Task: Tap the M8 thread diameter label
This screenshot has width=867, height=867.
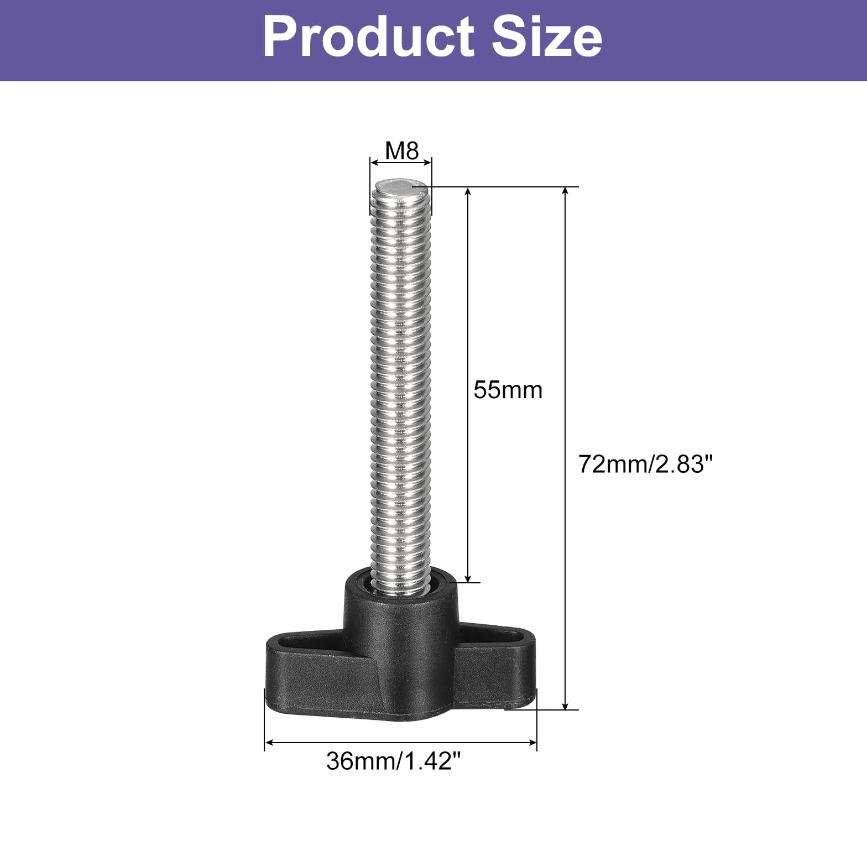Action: [x=402, y=150]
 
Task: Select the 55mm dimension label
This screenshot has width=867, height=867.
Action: [x=508, y=390]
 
